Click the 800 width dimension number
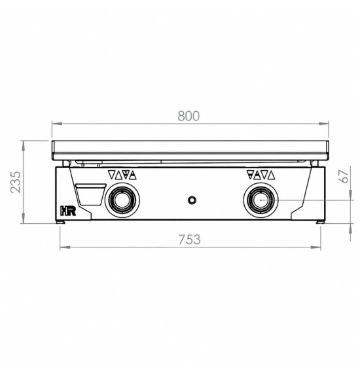click(189, 116)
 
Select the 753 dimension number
click(190, 240)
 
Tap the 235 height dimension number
click(16, 182)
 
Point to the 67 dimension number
click(344, 176)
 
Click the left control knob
click(122, 200)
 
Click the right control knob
click(261, 200)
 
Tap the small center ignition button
click(192, 200)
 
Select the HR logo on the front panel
click(68, 210)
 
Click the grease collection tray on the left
click(90, 194)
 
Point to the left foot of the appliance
click(61, 222)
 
